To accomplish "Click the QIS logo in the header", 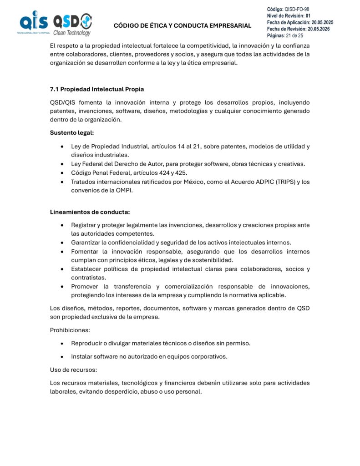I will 33,23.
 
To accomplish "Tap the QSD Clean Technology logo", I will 72,24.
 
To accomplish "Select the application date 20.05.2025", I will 322,22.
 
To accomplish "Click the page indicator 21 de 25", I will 294,35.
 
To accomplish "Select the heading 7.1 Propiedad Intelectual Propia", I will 96,89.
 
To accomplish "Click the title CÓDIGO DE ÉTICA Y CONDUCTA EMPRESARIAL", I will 182,25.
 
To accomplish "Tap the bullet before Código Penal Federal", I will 62,173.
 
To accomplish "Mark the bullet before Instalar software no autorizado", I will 62,356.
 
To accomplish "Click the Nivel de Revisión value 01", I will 308,15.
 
